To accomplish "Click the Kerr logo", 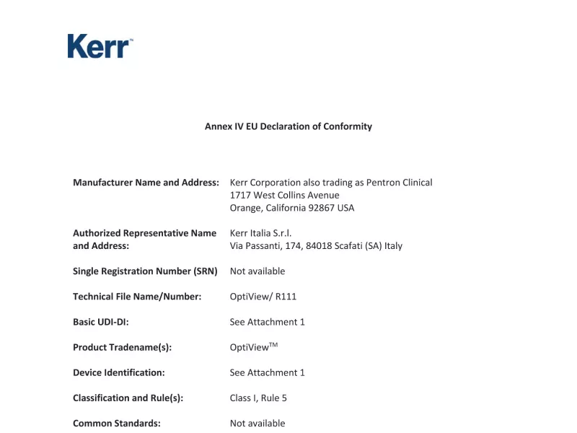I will point(100,46).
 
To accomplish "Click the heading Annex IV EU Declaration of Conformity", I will point(288,126).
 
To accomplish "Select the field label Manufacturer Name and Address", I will point(146,183).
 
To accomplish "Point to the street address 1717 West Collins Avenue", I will point(284,195).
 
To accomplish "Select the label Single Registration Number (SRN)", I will point(145,271).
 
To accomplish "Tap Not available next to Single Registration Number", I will point(257,271).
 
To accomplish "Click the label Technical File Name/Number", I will point(137,297).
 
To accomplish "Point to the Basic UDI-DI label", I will point(101,322).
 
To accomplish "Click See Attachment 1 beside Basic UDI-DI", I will point(268,322).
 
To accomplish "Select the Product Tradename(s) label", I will point(123,347).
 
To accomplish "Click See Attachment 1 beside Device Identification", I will point(268,372).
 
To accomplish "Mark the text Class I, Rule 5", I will point(258,398).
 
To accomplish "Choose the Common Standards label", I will point(117,423).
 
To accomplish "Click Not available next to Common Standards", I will point(257,423).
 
